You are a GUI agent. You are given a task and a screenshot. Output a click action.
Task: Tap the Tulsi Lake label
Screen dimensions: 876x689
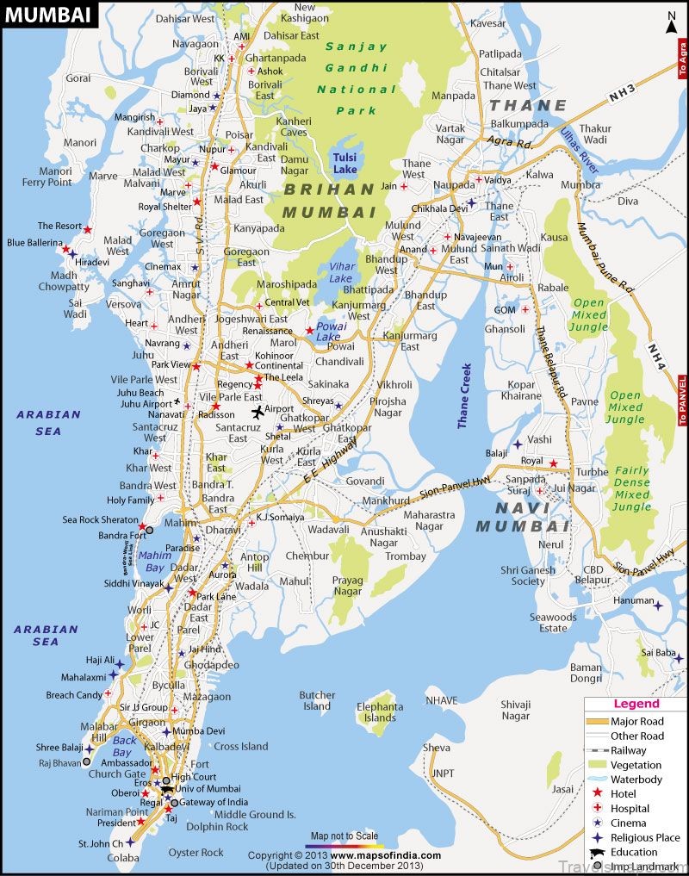pyautogui.click(x=347, y=160)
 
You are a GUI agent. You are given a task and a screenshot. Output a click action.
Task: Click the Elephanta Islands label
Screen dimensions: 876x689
pyautogui.click(x=380, y=712)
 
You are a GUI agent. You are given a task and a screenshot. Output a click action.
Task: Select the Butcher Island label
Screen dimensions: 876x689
pyautogui.click(x=317, y=700)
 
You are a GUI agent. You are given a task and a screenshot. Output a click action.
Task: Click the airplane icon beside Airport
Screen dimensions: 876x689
pyautogui.click(x=256, y=410)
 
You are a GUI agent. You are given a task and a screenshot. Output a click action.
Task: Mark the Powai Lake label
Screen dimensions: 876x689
pyautogui.click(x=328, y=332)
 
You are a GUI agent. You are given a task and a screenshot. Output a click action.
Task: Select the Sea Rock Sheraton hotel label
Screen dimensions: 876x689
pyautogui.click(x=100, y=520)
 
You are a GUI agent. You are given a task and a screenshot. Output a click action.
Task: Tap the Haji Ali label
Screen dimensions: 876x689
pyautogui.click(x=99, y=660)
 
